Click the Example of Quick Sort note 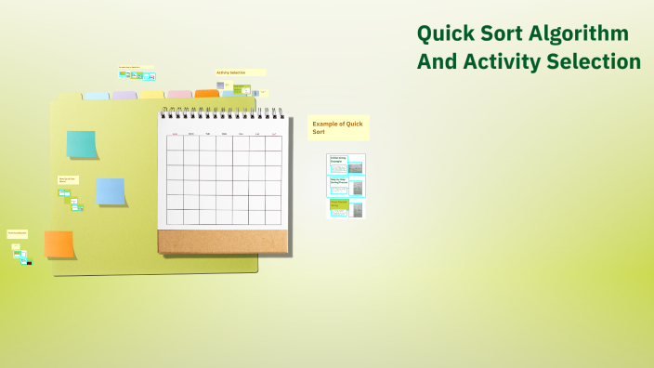point(338,127)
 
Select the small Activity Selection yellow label point(240,72)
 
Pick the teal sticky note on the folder point(82,144)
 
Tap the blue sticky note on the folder point(111,191)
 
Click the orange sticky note point(59,244)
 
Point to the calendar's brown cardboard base point(222,242)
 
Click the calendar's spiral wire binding point(221,112)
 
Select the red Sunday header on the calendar point(175,135)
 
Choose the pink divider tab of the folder point(179,95)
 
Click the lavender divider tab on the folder point(124,95)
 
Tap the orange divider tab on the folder point(206,94)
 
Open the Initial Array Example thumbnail point(347,164)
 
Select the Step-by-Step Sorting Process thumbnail point(347,186)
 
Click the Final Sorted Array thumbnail point(347,208)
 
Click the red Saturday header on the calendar point(273,135)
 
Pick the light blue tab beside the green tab point(97,96)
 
